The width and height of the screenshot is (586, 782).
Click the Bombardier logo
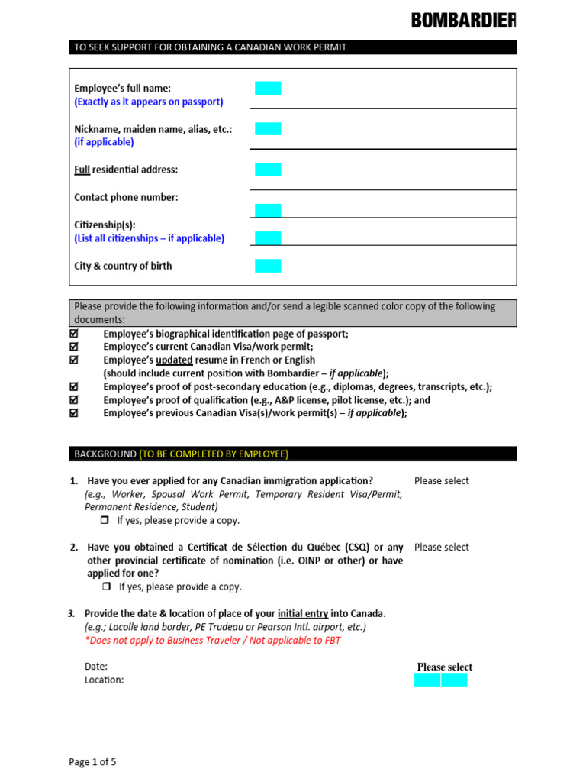[x=463, y=21]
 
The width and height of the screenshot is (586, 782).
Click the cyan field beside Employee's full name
[x=268, y=88]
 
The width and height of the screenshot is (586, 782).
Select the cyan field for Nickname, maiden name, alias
[x=268, y=128]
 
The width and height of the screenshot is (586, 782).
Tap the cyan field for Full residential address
[x=268, y=170]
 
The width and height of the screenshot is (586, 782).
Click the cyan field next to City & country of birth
[x=268, y=266]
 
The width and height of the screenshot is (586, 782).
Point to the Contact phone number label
[x=126, y=197]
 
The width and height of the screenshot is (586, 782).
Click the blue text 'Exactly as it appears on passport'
[x=149, y=102]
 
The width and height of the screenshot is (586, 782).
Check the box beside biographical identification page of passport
[x=74, y=334]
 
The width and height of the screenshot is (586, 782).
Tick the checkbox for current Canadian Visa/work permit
[x=74, y=347]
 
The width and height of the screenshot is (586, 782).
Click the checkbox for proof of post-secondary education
[x=74, y=387]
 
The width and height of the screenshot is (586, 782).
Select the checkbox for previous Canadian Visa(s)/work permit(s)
[x=74, y=413]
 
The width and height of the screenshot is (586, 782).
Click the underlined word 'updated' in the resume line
[x=178, y=360]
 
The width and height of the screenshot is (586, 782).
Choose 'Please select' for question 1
[x=441, y=481]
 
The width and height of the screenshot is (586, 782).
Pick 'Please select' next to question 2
[x=441, y=548]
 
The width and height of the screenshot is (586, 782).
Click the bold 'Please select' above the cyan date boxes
[x=444, y=667]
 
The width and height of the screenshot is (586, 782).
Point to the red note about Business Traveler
[x=213, y=641]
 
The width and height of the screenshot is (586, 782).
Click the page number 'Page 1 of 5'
[x=92, y=762]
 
